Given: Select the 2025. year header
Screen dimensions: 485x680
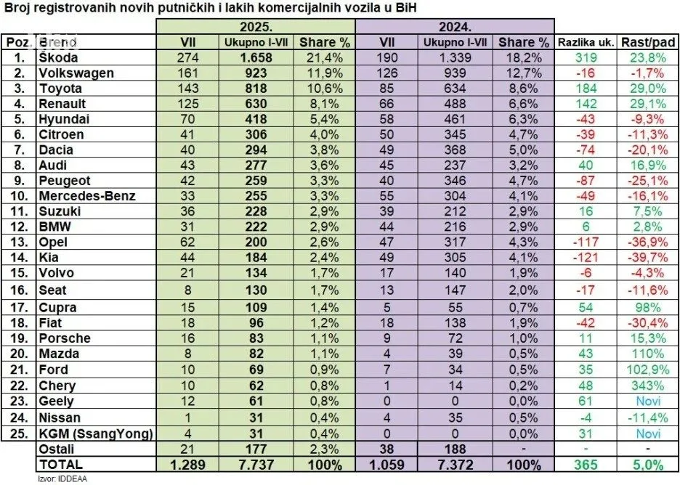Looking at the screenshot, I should [254, 26].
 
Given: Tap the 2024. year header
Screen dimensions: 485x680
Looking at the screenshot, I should [456, 26].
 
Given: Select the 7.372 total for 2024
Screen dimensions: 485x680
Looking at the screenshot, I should [456, 463].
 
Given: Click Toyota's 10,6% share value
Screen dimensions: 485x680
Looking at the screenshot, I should [325, 88].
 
